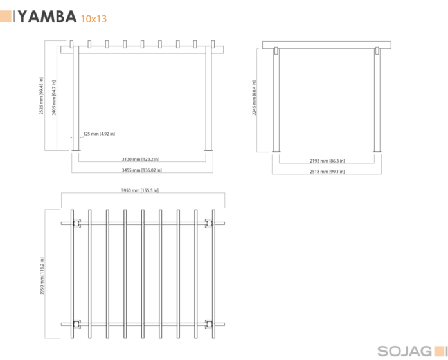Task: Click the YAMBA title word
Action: [x=48, y=17]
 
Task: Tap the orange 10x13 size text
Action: [x=94, y=19]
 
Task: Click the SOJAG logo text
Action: [x=404, y=351]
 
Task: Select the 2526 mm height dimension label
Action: [x=41, y=96]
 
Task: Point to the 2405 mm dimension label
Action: [x=54, y=98]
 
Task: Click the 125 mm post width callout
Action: [x=99, y=134]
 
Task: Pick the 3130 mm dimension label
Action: [x=141, y=159]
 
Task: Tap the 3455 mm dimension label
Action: [x=141, y=170]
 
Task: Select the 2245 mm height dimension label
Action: [x=254, y=98]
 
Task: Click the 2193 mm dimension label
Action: [x=327, y=161]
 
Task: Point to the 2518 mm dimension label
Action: [x=327, y=172]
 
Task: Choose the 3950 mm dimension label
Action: [x=139, y=190]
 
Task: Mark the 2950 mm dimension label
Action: [x=42, y=276]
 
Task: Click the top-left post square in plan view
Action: [x=76, y=223]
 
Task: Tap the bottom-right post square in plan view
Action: [x=209, y=324]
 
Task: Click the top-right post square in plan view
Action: [x=209, y=223]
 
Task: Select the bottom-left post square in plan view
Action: [x=76, y=324]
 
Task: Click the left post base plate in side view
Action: [x=276, y=152]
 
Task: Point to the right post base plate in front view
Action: [x=208, y=150]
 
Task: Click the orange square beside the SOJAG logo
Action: [x=440, y=351]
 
